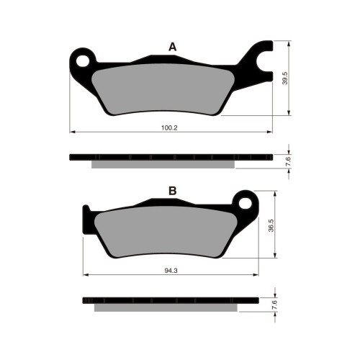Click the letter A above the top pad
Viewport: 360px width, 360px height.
173,47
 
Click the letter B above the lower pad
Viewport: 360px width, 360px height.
173,191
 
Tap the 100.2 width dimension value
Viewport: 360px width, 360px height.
169,128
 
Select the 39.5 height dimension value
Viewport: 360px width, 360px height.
285,78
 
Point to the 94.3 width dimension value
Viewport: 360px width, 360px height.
171,271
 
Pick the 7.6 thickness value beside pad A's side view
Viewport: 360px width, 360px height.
289,161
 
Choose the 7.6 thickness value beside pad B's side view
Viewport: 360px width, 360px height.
275,305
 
